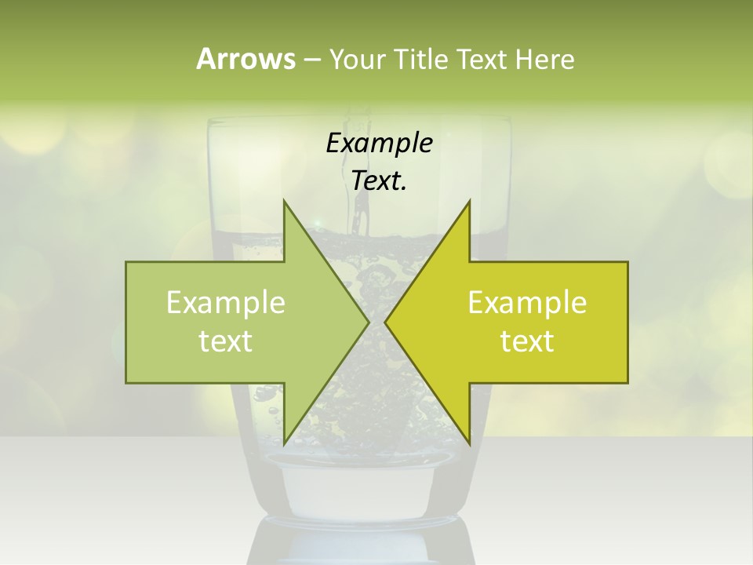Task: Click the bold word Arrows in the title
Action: click(x=246, y=59)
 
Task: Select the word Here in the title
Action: click(x=545, y=60)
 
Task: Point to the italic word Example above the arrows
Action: click(x=379, y=144)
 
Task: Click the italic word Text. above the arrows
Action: click(x=379, y=181)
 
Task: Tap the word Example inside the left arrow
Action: click(x=226, y=303)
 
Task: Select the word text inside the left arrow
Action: click(x=226, y=341)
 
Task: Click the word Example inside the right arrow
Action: click(x=527, y=303)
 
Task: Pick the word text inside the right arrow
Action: click(x=527, y=341)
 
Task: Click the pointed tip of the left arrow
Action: click(x=368, y=322)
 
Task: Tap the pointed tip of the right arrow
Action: click(x=385, y=322)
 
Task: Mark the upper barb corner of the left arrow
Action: click(x=284, y=201)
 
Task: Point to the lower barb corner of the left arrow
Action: click(x=284, y=443)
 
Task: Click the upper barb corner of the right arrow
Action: click(x=469, y=201)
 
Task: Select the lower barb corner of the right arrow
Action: click(x=469, y=443)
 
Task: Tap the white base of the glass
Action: click(x=357, y=490)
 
